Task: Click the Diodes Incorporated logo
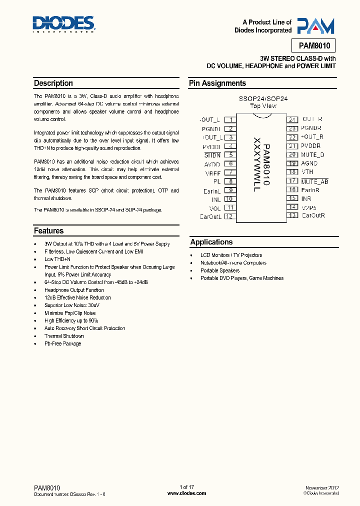(x=64, y=24)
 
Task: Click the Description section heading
(x=53, y=83)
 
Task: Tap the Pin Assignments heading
(x=217, y=83)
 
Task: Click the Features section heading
(x=49, y=231)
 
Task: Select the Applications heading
(x=211, y=242)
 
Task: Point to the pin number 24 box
(x=292, y=119)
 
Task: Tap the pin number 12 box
(x=229, y=216)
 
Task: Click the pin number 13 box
(x=292, y=215)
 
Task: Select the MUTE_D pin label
(x=312, y=154)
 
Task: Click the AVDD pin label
(x=211, y=163)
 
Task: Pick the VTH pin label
(x=307, y=172)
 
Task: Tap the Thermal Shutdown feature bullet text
(x=64, y=336)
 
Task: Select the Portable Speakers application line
(x=220, y=270)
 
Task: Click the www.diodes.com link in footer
(x=186, y=493)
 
